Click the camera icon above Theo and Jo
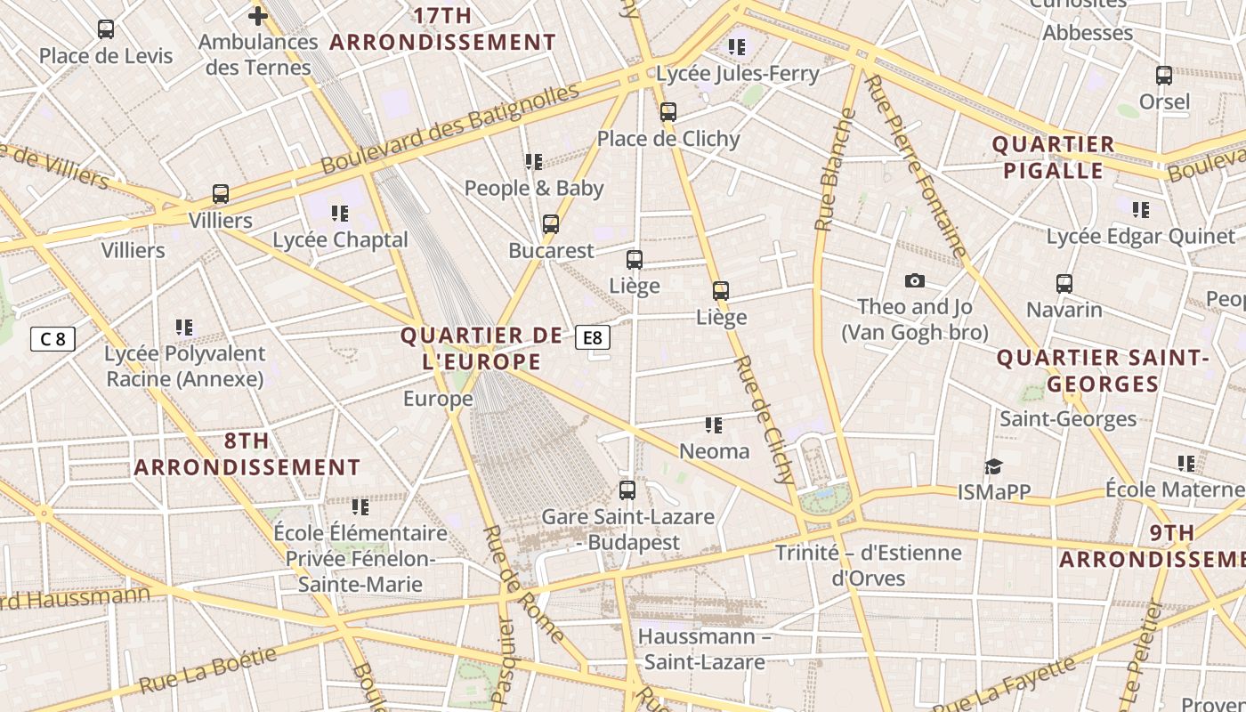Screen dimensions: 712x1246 click(x=914, y=281)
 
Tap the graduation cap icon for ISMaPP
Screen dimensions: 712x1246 click(x=993, y=466)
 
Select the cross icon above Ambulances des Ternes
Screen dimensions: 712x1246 click(x=257, y=15)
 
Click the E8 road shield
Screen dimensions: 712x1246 click(x=593, y=337)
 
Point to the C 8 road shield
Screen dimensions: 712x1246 click(x=53, y=338)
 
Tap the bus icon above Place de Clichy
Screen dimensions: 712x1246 click(x=667, y=112)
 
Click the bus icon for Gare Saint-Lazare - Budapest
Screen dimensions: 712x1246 click(x=627, y=489)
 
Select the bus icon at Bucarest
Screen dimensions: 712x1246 click(x=551, y=224)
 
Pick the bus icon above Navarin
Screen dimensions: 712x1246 click(x=1064, y=284)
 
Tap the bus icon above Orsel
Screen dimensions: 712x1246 click(x=1163, y=76)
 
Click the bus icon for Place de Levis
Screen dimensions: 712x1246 click(x=106, y=29)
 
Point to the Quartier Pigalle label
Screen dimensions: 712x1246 click(x=1054, y=157)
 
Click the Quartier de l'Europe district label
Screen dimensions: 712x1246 click(x=481, y=348)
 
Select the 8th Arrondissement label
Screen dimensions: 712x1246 click(x=247, y=454)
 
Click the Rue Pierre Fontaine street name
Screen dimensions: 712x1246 click(x=915, y=166)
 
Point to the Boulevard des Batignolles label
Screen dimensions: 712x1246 click(x=449, y=128)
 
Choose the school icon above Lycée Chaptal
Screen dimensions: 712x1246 click(x=339, y=214)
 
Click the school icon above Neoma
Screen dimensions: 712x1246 click(x=713, y=425)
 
